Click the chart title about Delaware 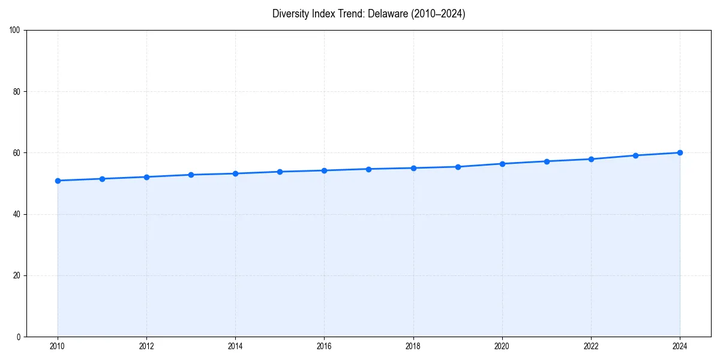368,14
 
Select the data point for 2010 58,181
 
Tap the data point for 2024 680,152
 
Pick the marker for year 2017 369,169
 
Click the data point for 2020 502,164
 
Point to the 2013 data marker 191,175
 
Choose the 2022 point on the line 591,159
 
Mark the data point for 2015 280,172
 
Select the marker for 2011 102,179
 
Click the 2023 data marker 635,155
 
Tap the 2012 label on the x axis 146,346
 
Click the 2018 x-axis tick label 413,346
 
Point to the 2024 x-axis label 680,346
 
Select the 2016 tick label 324,346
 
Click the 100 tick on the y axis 16,31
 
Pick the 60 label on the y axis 17,153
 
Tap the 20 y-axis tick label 17,275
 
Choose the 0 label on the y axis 19,337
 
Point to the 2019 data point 458,167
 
